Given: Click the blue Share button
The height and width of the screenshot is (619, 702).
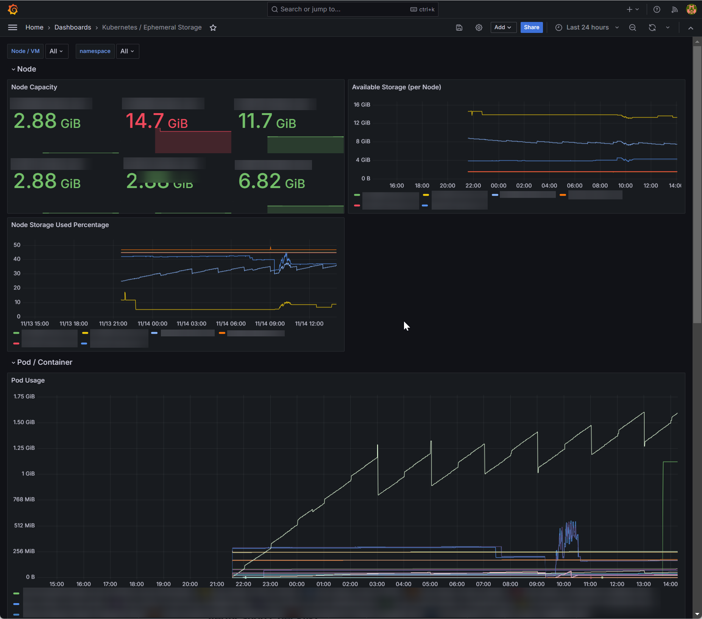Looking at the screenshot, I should point(531,27).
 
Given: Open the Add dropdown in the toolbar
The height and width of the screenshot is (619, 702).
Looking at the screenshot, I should point(503,27).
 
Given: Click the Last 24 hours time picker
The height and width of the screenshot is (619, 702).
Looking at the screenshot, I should point(587,27).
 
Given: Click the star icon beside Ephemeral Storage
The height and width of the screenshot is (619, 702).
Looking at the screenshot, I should point(213,28).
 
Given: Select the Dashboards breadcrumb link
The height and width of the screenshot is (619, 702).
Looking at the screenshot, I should point(73,27).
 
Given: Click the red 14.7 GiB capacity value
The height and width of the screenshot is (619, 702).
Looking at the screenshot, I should point(156,121).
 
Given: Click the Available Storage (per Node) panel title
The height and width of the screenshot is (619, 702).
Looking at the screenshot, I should point(396,87).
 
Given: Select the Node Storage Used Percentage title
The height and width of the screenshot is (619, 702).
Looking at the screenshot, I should point(60,225).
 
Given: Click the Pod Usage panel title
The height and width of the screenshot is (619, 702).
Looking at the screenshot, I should point(28,380).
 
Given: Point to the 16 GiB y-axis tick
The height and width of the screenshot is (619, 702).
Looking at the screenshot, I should point(362,104).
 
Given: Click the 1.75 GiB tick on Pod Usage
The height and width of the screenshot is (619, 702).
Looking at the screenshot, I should point(24,396).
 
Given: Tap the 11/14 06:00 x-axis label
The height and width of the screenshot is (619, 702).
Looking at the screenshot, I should point(231,323).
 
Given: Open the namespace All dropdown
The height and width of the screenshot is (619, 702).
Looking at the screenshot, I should point(127,51).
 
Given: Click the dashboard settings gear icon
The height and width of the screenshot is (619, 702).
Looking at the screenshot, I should point(479,27).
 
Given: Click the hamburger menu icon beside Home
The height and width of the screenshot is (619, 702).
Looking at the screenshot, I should point(12,27).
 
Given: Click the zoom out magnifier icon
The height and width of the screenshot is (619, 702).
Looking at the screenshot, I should point(632,27).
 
